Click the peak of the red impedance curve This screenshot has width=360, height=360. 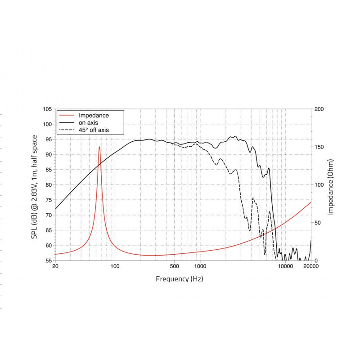99,147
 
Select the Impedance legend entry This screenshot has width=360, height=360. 94,115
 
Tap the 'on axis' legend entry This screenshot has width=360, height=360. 89,122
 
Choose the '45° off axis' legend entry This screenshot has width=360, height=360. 94,130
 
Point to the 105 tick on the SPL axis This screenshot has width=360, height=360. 47,109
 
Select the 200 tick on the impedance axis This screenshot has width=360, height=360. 318,109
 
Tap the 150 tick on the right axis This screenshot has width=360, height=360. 318,147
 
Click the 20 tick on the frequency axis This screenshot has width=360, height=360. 55,267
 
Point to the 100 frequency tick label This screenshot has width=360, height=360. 115,267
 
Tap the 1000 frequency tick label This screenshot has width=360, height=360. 200,267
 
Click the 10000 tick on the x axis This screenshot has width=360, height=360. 285,267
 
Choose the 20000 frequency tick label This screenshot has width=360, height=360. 310,267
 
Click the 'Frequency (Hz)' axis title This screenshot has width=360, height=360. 179,279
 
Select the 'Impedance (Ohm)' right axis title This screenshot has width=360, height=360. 331,186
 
